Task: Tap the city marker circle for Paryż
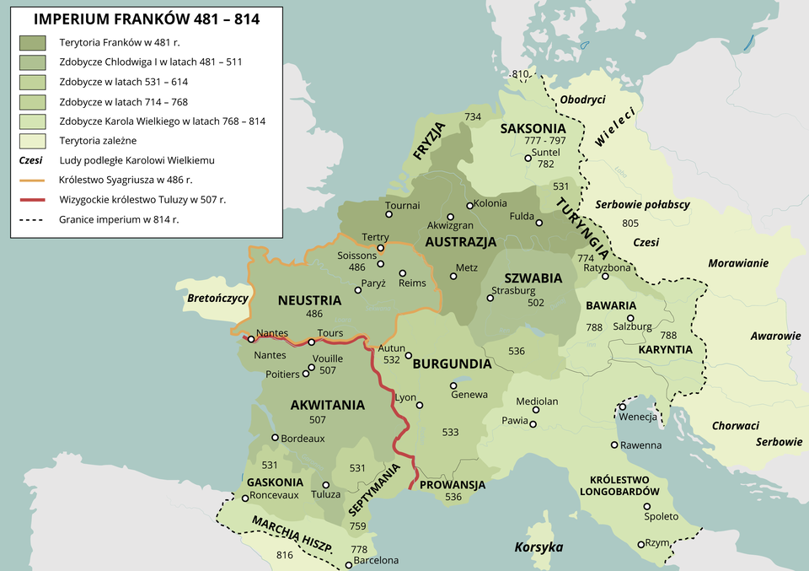click(x=359, y=289)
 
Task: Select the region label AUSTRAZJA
click(x=460, y=242)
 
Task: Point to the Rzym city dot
click(x=640, y=544)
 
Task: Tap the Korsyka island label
click(x=538, y=547)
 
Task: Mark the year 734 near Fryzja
click(x=473, y=116)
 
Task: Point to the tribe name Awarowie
click(x=775, y=336)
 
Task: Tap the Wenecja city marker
click(x=622, y=407)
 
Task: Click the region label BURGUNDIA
click(x=452, y=364)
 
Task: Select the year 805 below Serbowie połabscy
click(x=630, y=223)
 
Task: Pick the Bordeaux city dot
click(x=275, y=438)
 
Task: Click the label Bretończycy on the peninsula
click(x=217, y=298)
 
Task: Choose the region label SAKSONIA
click(x=533, y=129)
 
